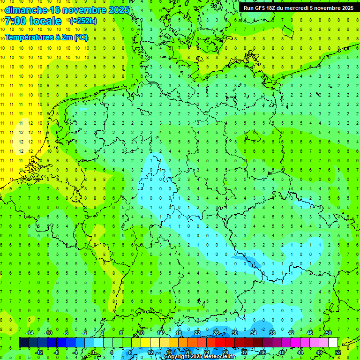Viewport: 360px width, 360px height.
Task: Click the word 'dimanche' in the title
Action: point(26,10)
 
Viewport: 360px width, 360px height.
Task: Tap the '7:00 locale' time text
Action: point(33,21)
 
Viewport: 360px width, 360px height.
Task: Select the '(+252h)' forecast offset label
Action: point(83,21)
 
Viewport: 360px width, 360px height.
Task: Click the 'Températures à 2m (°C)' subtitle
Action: point(46,37)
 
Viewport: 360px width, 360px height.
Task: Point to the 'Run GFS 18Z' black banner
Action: point(299,8)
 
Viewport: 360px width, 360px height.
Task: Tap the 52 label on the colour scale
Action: point(338,352)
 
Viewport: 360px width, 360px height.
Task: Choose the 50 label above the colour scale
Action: point(328,333)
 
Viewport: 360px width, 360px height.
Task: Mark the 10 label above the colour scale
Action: point(141,333)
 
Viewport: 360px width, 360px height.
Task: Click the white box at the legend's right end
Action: point(333,343)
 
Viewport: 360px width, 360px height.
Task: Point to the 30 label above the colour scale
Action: point(234,333)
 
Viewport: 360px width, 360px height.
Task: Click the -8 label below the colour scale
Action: point(57,352)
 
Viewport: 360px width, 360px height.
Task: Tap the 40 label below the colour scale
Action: point(282,352)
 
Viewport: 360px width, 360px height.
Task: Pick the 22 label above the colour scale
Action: point(197,333)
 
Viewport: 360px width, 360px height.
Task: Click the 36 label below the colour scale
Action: point(263,352)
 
